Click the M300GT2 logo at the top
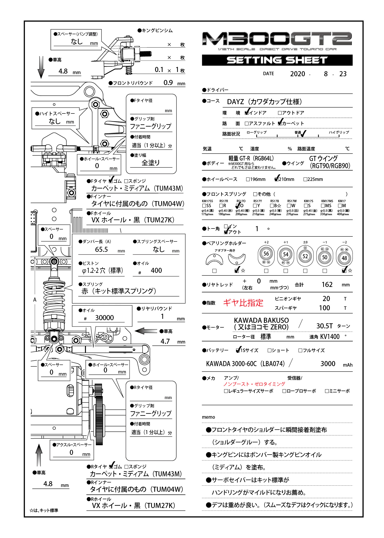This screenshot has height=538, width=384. [277, 39]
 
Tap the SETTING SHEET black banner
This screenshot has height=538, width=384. [277, 60]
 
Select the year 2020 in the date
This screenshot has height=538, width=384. [297, 74]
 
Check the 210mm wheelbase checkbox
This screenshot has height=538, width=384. [276, 179]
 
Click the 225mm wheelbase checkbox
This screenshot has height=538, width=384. [305, 179]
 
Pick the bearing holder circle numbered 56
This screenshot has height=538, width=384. [266, 254]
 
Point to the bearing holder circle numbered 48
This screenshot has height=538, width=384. [344, 258]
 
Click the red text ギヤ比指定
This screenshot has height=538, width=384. [243, 303]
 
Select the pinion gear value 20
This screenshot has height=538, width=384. [326, 299]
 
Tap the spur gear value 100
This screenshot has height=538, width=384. [324, 308]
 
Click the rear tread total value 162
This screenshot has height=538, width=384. [327, 285]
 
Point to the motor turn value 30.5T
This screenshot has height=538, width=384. [325, 326]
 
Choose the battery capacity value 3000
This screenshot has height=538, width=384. [328, 364]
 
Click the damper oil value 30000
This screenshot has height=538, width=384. [104, 318]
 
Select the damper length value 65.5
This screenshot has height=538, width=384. [101, 249]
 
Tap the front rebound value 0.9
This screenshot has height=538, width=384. [168, 83]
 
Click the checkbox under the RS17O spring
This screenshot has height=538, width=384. [238, 206]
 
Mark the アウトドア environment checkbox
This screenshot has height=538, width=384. [280, 113]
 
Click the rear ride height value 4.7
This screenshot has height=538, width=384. [165, 341]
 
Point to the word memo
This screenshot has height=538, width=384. [208, 417]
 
